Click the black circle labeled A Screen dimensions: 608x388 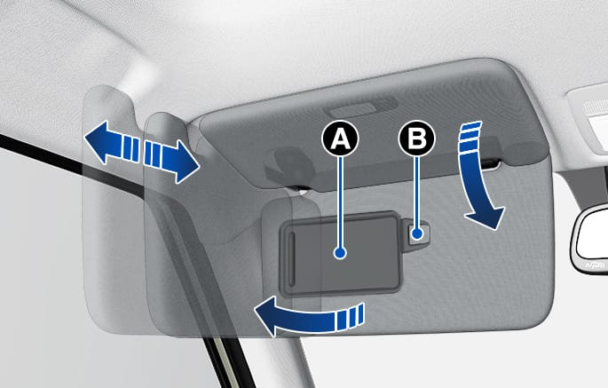340,139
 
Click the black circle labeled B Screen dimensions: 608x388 417,139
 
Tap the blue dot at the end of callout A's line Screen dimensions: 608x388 341,253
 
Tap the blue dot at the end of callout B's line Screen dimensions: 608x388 417,234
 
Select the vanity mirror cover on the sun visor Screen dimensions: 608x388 341,253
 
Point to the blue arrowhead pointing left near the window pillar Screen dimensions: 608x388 101,141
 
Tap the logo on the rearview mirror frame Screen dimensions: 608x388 594,265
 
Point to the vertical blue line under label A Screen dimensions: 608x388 341,202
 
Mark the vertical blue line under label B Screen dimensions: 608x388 417,193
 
